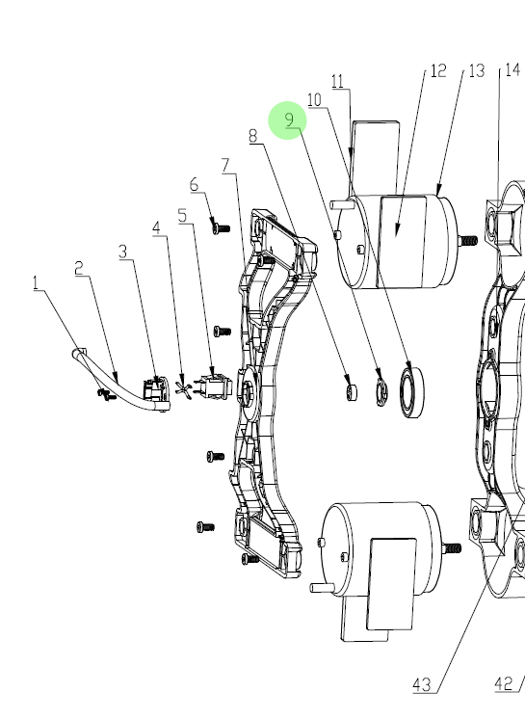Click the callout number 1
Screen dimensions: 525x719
[x=37, y=283]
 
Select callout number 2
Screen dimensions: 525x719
[x=80, y=268]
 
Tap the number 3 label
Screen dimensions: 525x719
[x=122, y=252]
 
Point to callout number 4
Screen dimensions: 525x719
[x=157, y=227]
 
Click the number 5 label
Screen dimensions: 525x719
[x=183, y=216]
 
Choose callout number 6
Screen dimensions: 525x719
[x=195, y=185]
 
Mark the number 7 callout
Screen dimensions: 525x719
[x=225, y=166]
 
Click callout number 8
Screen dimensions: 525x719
[x=253, y=136]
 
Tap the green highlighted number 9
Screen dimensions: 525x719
[x=289, y=120]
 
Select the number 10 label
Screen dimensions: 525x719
[x=314, y=100]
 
